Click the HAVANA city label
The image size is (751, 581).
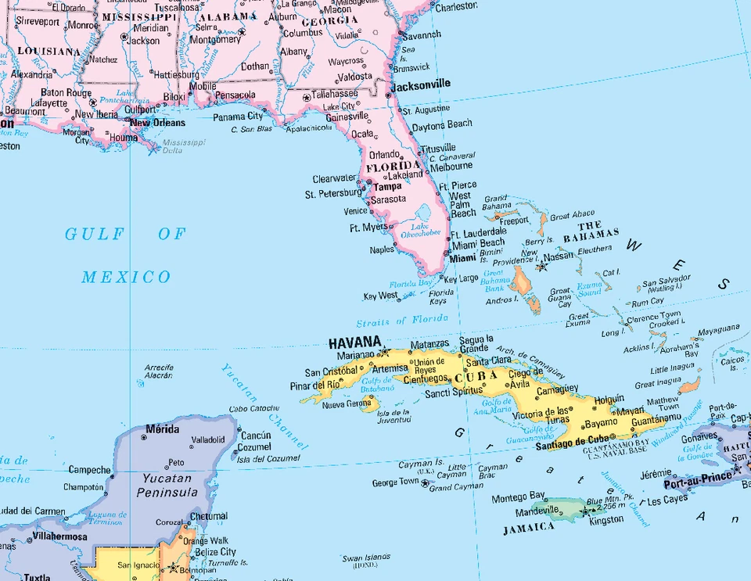354,343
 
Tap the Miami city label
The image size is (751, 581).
463,258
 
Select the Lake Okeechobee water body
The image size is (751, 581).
426,213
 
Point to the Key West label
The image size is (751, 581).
380,296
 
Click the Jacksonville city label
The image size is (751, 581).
421,84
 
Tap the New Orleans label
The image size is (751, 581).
157,123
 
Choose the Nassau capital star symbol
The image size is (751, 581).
541,267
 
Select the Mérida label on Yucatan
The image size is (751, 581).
162,429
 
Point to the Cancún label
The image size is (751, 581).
256,436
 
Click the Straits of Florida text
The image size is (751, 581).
402,321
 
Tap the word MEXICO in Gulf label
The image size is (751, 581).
126,277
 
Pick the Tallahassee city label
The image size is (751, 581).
335,94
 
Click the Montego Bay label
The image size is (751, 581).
519,497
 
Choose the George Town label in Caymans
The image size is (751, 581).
395,483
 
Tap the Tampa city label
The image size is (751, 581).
387,187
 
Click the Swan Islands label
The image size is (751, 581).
365,558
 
